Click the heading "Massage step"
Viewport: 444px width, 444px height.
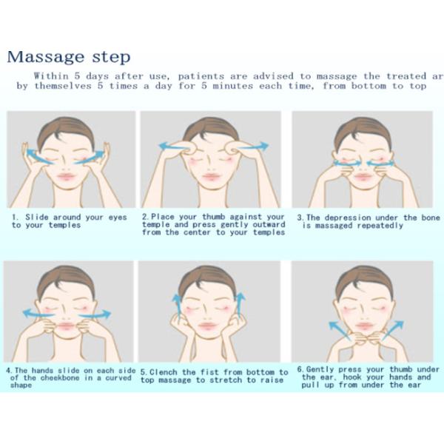(69, 57)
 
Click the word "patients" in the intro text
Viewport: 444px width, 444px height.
(201, 76)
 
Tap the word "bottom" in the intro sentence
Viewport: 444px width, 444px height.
(369, 86)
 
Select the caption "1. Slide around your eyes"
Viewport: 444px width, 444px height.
(70, 218)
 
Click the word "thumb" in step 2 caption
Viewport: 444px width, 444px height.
(214, 217)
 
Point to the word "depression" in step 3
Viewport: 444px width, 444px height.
(348, 218)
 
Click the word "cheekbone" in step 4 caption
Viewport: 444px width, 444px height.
(60, 378)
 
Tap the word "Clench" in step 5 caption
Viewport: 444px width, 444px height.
(164, 372)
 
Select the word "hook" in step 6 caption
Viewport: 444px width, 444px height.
(352, 377)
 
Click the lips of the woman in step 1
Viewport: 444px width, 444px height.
(67, 177)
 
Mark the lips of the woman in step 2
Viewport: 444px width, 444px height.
(211, 177)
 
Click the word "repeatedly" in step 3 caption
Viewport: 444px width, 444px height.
(380, 226)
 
